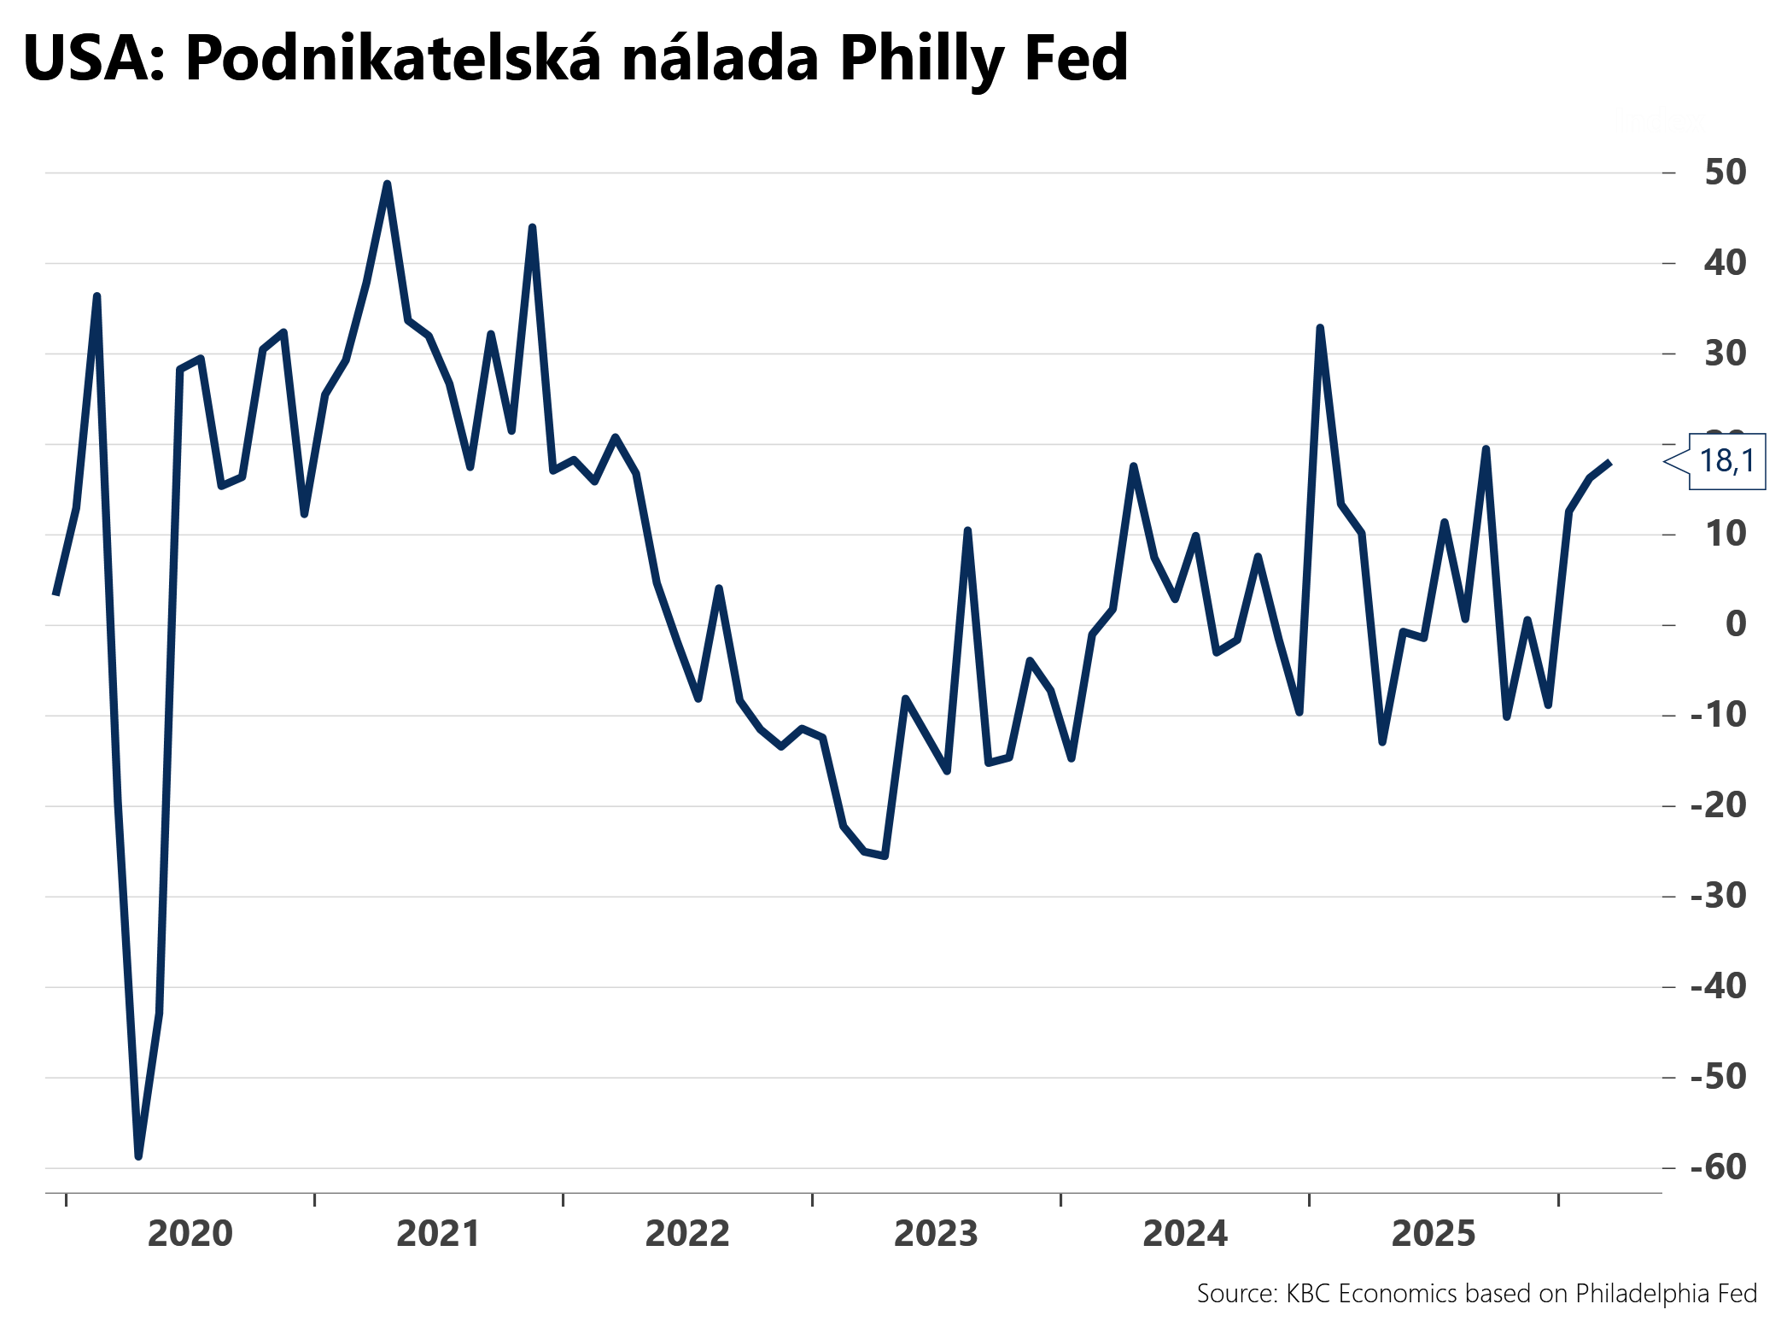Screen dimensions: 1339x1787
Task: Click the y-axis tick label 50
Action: (1725, 172)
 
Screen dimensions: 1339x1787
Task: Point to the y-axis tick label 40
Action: (1725, 263)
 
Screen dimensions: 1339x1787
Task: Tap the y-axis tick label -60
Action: (1718, 1167)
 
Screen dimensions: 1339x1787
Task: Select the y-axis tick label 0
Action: (1735, 624)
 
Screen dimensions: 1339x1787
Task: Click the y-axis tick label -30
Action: (1718, 896)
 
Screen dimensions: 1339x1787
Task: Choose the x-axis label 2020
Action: (190, 1234)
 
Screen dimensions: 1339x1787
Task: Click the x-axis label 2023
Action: (936, 1234)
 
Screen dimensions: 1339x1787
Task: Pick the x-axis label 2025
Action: (1434, 1234)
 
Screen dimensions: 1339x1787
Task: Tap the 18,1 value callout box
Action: (1726, 461)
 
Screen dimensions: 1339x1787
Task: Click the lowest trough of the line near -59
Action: (138, 1156)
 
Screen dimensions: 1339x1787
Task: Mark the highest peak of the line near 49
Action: (387, 184)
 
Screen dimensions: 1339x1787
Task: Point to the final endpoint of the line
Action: (1609, 462)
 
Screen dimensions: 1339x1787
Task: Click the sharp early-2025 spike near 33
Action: (1320, 328)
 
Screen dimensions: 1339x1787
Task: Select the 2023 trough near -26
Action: (885, 856)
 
